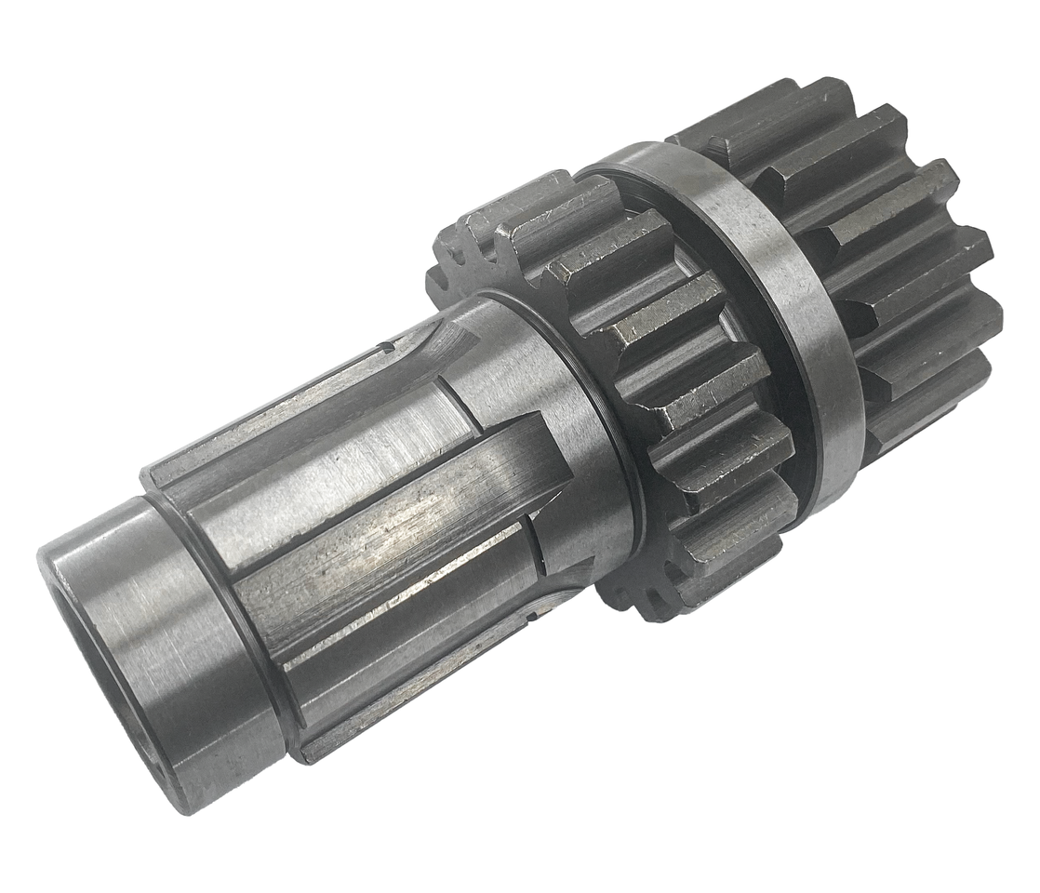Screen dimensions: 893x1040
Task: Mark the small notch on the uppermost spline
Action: [x=384, y=349]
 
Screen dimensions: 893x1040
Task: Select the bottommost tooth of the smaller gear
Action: [x=651, y=595]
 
